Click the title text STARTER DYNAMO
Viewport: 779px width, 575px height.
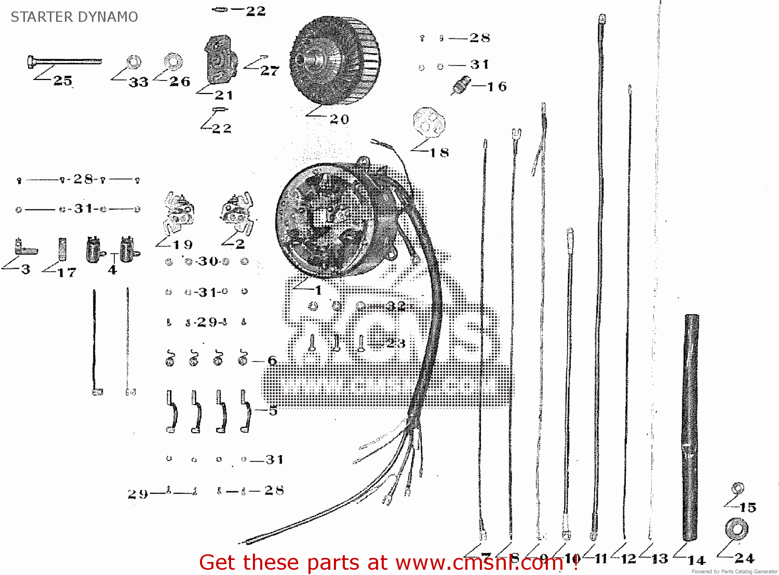pyautogui.click(x=74, y=17)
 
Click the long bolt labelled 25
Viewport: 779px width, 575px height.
pyautogui.click(x=64, y=62)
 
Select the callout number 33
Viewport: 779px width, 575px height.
pyautogui.click(x=139, y=82)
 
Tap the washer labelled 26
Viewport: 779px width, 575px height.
pyautogui.click(x=173, y=62)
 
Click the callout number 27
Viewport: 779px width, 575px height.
pyautogui.click(x=270, y=71)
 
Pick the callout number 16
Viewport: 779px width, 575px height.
pyautogui.click(x=497, y=87)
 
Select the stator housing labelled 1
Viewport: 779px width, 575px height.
pyautogui.click(x=332, y=218)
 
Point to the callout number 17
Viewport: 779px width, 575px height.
pyautogui.click(x=67, y=272)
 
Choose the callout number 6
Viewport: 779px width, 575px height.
pyautogui.click(x=272, y=360)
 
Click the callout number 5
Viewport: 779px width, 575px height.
pyautogui.click(x=273, y=411)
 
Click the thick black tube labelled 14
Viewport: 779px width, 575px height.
pyautogui.click(x=690, y=426)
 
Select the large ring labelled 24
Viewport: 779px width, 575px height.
pyautogui.click(x=736, y=529)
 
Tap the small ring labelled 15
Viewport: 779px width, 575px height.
pyautogui.click(x=737, y=488)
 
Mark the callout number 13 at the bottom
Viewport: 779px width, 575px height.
pyautogui.click(x=660, y=559)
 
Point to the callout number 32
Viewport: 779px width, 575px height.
pyautogui.click(x=396, y=306)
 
